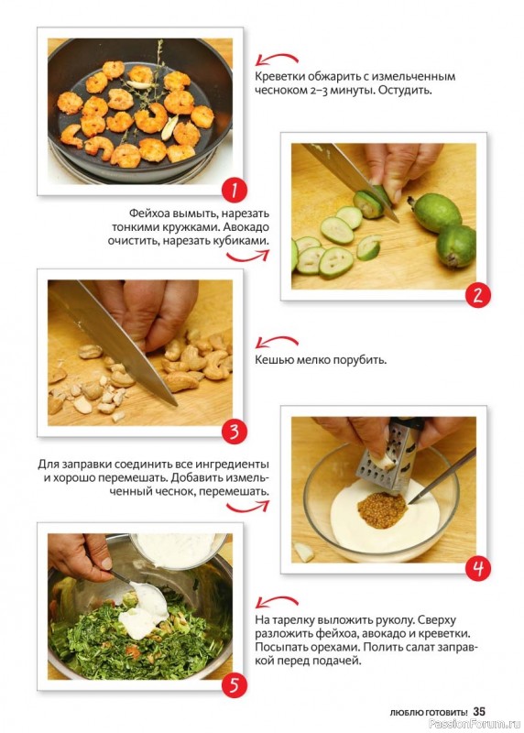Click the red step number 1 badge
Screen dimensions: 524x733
click(234, 191)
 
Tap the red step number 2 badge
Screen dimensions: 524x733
click(477, 295)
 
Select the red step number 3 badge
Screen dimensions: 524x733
click(234, 432)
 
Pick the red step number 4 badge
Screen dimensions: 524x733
click(477, 568)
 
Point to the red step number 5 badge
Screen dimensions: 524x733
click(234, 685)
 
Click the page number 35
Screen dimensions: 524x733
click(479, 712)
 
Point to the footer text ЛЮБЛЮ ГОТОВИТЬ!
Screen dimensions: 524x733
click(429, 713)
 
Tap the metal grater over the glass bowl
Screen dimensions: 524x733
click(390, 455)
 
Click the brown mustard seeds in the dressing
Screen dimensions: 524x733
click(382, 510)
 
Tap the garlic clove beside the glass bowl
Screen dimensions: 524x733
click(304, 552)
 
